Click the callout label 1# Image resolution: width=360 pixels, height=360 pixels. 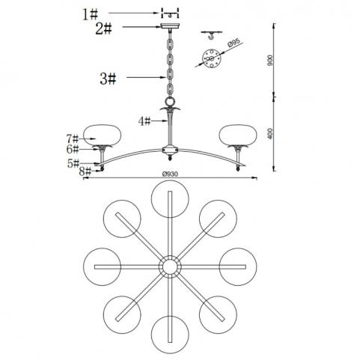point(90,14)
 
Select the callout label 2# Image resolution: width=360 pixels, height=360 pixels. point(103,28)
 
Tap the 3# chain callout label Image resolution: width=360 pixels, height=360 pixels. point(108,79)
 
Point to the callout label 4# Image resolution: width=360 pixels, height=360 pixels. point(144,122)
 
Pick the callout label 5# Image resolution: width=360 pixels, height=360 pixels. point(73,164)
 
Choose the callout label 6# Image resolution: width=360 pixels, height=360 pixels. point(73,150)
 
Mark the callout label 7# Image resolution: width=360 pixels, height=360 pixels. point(73,138)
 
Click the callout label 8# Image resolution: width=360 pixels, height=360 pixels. point(85,171)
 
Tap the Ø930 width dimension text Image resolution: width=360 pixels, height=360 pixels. point(170,174)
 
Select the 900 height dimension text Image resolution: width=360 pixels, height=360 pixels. point(270,61)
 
